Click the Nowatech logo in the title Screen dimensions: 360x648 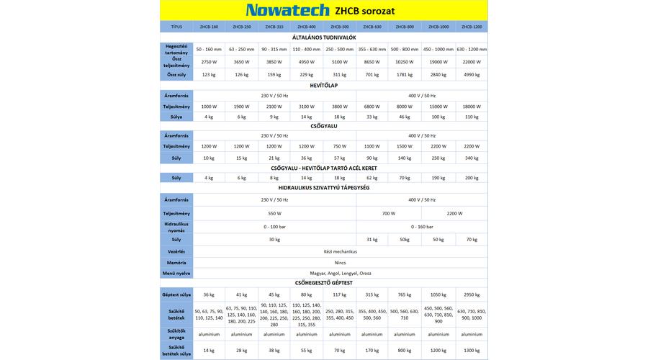click(287, 10)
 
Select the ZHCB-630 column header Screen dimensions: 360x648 click(372, 27)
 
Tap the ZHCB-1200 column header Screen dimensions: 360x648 click(472, 27)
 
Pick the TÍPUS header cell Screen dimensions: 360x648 click(176, 27)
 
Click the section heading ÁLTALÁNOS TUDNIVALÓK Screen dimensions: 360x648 click(323, 37)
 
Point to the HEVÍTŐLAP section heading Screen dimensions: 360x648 click(323, 85)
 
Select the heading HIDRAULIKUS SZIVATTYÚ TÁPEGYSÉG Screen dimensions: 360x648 click(323, 187)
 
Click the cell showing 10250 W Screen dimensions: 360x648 click(405, 62)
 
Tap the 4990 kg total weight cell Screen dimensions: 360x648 click(472, 74)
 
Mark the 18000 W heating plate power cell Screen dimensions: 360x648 click(472, 106)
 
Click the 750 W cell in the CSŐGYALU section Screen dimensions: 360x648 click(340, 146)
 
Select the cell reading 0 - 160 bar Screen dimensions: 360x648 click(422, 226)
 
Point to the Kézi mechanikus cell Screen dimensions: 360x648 click(340, 251)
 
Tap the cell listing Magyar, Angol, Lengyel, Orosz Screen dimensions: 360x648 click(340, 273)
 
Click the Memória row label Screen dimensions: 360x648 click(176, 262)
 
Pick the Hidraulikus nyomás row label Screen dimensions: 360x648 click(176, 226)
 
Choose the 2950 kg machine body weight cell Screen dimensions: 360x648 click(472, 294)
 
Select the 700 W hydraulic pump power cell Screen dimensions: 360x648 click(389, 213)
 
